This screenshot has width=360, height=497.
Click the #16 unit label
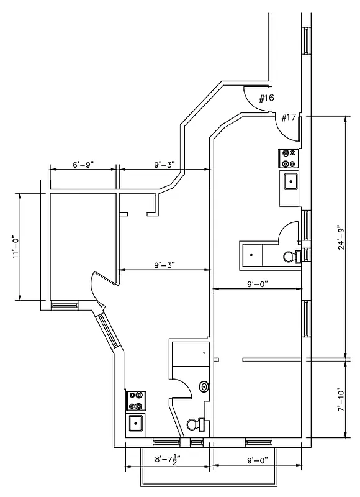click(x=266, y=98)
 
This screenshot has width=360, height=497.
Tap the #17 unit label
click(x=289, y=117)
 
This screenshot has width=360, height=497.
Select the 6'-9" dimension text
click(x=83, y=165)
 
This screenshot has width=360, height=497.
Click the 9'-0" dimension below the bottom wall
click(x=256, y=460)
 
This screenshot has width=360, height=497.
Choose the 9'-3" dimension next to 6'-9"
click(x=164, y=165)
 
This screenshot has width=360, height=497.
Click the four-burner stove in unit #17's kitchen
click(x=288, y=158)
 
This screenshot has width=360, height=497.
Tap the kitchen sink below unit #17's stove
click(x=290, y=181)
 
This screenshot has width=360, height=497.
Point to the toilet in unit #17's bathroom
click(x=290, y=255)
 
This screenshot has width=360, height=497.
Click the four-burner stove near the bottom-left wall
click(x=135, y=400)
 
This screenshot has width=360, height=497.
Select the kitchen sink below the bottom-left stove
click(x=135, y=424)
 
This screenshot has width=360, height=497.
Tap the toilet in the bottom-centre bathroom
click(x=196, y=425)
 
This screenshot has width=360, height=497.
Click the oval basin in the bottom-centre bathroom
click(x=204, y=386)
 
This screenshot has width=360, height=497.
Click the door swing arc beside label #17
click(x=286, y=125)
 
